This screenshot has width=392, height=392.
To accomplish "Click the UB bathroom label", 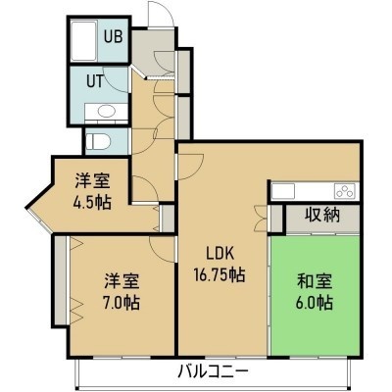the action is [113, 36].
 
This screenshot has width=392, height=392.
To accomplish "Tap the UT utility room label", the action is [95, 81].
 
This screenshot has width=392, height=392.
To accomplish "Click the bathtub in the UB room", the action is [84, 41].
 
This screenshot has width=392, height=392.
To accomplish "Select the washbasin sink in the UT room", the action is [106, 112].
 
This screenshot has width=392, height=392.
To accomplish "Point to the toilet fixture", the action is [98, 141].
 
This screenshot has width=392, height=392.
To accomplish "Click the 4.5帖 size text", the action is [92, 203].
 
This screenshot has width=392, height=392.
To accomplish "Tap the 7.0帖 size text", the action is [122, 303].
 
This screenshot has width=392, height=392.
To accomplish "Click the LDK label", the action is [220, 254].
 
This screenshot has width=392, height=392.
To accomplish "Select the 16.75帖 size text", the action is [220, 274].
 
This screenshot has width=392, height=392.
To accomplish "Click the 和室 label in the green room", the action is [315, 281].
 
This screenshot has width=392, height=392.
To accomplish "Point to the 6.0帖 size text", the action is [315, 303].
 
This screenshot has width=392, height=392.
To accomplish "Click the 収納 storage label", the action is [322, 215].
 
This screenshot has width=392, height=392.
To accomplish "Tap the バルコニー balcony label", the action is [214, 372].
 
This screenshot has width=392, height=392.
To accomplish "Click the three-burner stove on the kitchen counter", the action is [345, 191].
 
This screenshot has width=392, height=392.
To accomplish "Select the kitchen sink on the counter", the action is [283, 191].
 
